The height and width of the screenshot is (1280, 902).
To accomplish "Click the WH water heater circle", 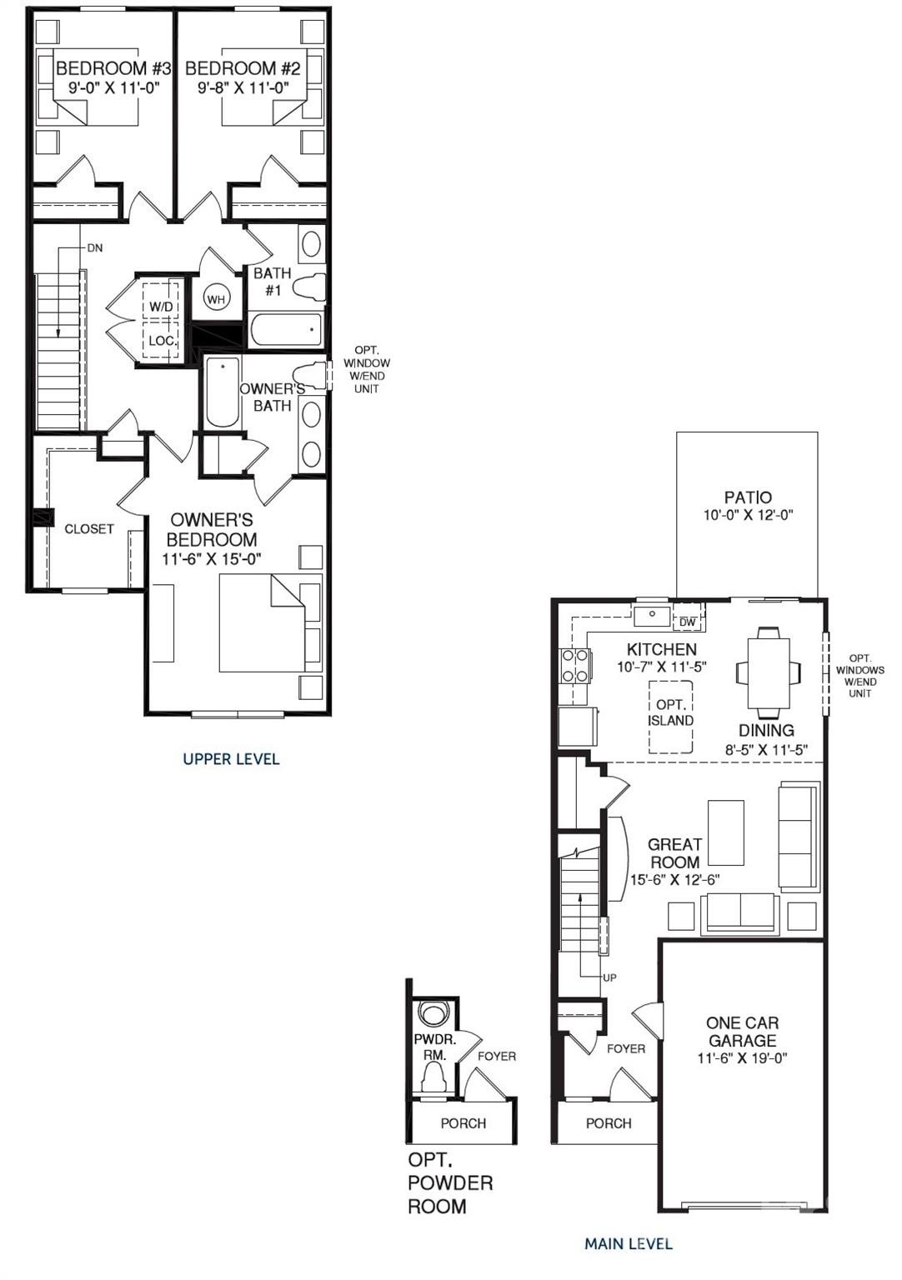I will (x=217, y=299).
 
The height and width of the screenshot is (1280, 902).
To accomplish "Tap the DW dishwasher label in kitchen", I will (x=688, y=622).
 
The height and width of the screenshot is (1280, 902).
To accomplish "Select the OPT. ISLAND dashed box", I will (x=670, y=715).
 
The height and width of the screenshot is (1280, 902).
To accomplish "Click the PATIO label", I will (x=747, y=497).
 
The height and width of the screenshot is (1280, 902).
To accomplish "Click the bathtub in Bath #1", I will (x=285, y=331).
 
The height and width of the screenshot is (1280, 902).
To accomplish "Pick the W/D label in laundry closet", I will (x=161, y=307).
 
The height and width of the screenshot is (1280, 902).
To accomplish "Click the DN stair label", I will (x=94, y=248).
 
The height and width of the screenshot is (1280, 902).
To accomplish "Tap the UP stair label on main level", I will (x=609, y=977).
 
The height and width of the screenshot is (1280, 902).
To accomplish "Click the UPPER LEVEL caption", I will (x=231, y=758).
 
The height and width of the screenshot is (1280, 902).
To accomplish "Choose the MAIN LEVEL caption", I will (x=628, y=1244).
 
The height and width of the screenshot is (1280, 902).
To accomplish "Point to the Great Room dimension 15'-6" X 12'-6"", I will (x=674, y=880).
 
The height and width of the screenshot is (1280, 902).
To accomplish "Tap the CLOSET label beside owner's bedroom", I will (x=88, y=529).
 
